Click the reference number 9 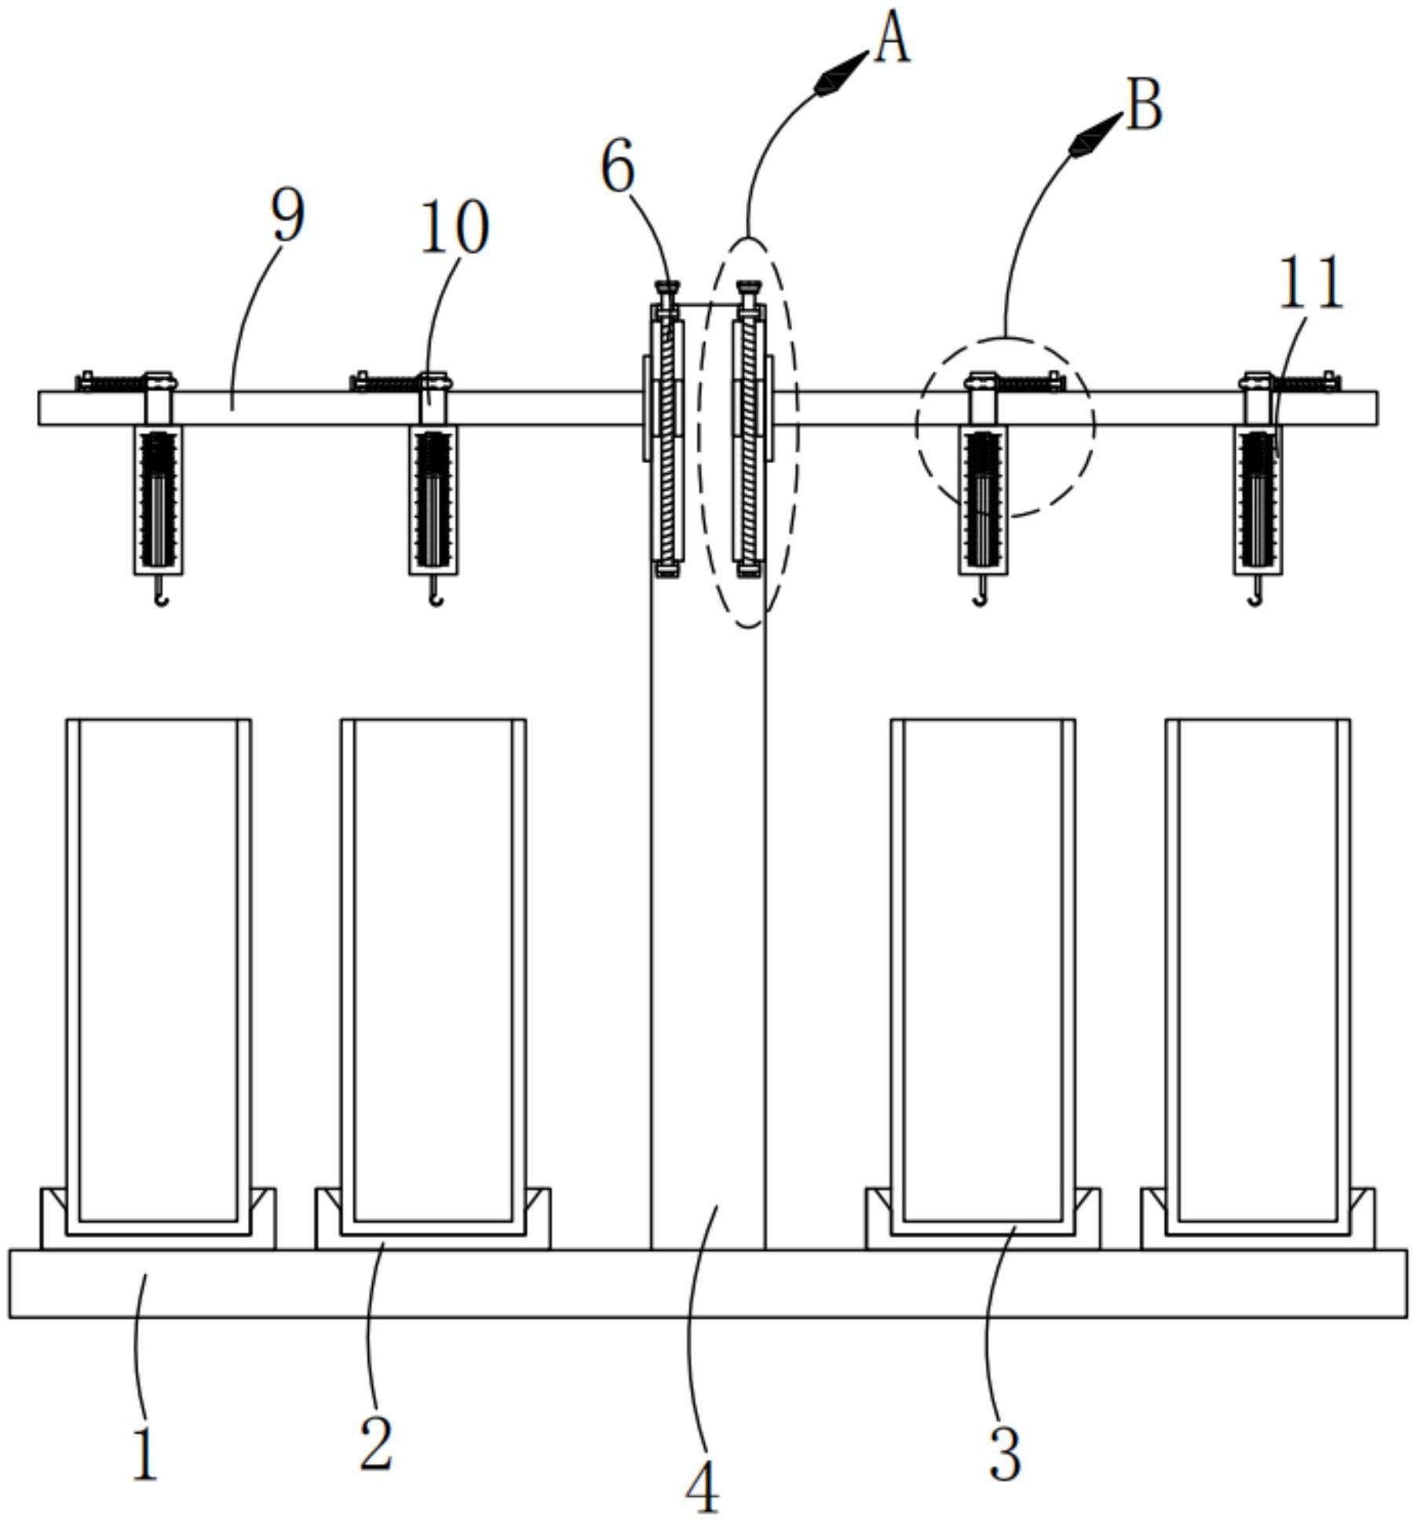tap(287, 216)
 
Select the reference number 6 tap(618, 167)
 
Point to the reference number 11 tap(1311, 283)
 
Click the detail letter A tap(892, 40)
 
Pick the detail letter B tap(1144, 106)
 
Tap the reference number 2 tap(376, 1445)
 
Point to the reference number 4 tap(702, 1487)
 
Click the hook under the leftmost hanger tap(161, 600)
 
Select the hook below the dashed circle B tap(981, 600)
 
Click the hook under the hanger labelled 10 tap(436, 600)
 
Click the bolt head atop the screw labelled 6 tap(668, 289)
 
